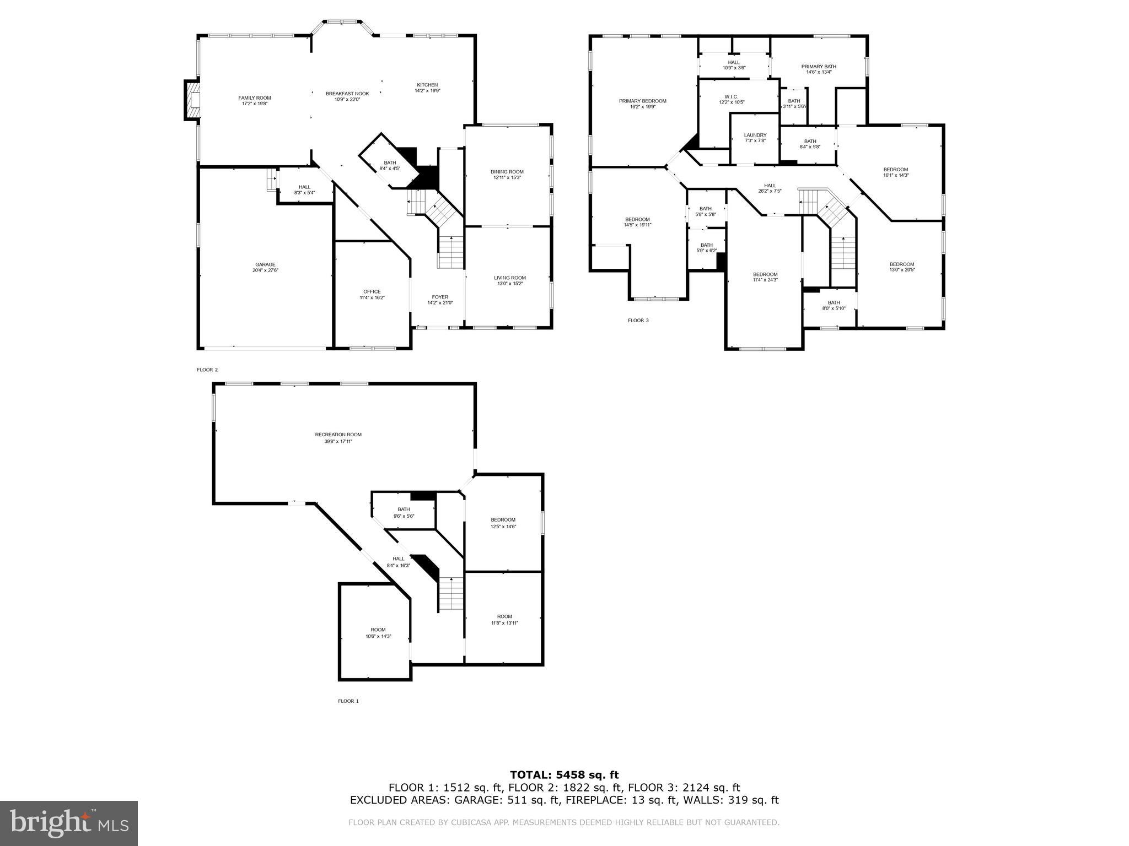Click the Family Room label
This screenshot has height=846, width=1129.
coord(254,101)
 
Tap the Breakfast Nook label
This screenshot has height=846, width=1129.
coord(347,96)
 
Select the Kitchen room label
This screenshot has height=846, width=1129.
coord(427,88)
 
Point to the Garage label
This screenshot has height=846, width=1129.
coord(265,267)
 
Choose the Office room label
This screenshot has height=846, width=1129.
coord(372,295)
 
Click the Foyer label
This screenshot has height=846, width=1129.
coord(440,300)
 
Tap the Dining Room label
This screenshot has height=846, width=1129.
coord(507,175)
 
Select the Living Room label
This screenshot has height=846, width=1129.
coord(509,280)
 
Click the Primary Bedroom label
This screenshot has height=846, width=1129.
coord(642,104)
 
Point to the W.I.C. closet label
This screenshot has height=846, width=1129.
coord(732,99)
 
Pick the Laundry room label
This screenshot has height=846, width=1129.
coord(755,138)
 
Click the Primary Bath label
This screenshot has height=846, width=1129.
coord(818,69)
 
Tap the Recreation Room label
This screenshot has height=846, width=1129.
coord(338,437)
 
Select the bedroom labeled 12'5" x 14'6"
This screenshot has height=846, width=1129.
coord(503,523)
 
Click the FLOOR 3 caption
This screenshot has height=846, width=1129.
coord(638,320)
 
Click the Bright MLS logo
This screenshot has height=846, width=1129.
coord(69,823)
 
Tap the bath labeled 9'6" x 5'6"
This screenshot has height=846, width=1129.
coord(404,512)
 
